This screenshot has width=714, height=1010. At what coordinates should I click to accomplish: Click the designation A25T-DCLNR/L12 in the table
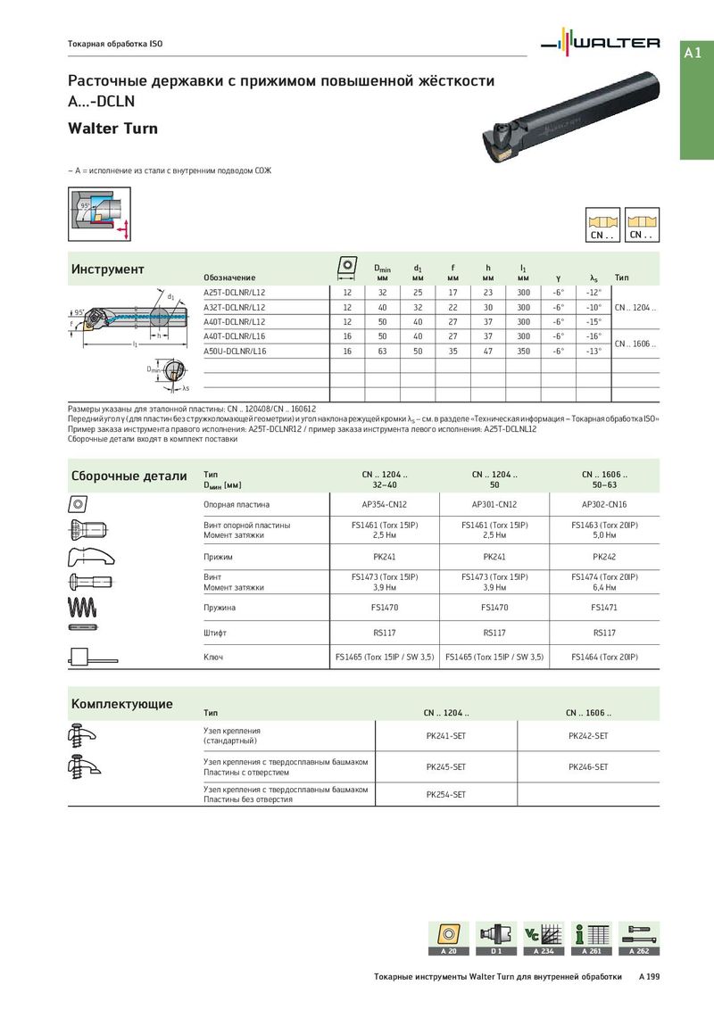tap(235, 292)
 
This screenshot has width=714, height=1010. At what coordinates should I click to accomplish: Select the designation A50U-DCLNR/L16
tap(235, 352)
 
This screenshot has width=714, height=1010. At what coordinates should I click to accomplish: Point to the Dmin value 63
tap(382, 352)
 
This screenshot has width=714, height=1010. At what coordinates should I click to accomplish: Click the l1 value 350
tap(523, 352)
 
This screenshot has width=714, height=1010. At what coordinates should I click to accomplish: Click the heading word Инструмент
tap(108, 269)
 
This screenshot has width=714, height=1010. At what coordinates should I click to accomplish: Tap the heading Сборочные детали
tap(129, 476)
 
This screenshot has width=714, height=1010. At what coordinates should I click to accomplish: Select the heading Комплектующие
tap(122, 704)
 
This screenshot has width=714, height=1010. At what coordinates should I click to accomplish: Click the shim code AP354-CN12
tap(384, 504)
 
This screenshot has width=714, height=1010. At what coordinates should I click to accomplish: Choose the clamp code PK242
tap(604, 557)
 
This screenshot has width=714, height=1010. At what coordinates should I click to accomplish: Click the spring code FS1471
tap(604, 607)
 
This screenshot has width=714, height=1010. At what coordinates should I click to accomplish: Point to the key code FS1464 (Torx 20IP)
tap(604, 657)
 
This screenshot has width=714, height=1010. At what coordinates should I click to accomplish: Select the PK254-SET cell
tap(446, 794)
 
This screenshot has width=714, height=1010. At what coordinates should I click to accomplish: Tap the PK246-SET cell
tap(588, 766)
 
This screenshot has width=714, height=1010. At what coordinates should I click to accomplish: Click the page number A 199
tap(649, 977)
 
